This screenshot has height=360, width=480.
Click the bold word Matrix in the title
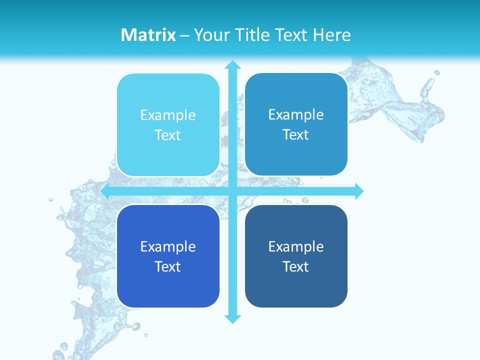(x=148, y=35)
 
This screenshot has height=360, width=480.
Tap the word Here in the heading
(x=332, y=35)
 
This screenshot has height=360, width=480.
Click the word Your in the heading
(x=210, y=35)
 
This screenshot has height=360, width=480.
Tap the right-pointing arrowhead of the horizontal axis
(x=358, y=191)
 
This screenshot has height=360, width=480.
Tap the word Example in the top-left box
(x=168, y=115)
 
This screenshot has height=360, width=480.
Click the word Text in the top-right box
(x=296, y=135)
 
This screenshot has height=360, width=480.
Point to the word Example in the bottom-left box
(x=168, y=247)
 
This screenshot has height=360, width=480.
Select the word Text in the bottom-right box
(x=296, y=266)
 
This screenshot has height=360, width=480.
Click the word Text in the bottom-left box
(x=168, y=266)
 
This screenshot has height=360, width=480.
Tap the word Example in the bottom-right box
(x=296, y=247)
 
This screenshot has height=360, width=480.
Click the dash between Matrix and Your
(x=184, y=35)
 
